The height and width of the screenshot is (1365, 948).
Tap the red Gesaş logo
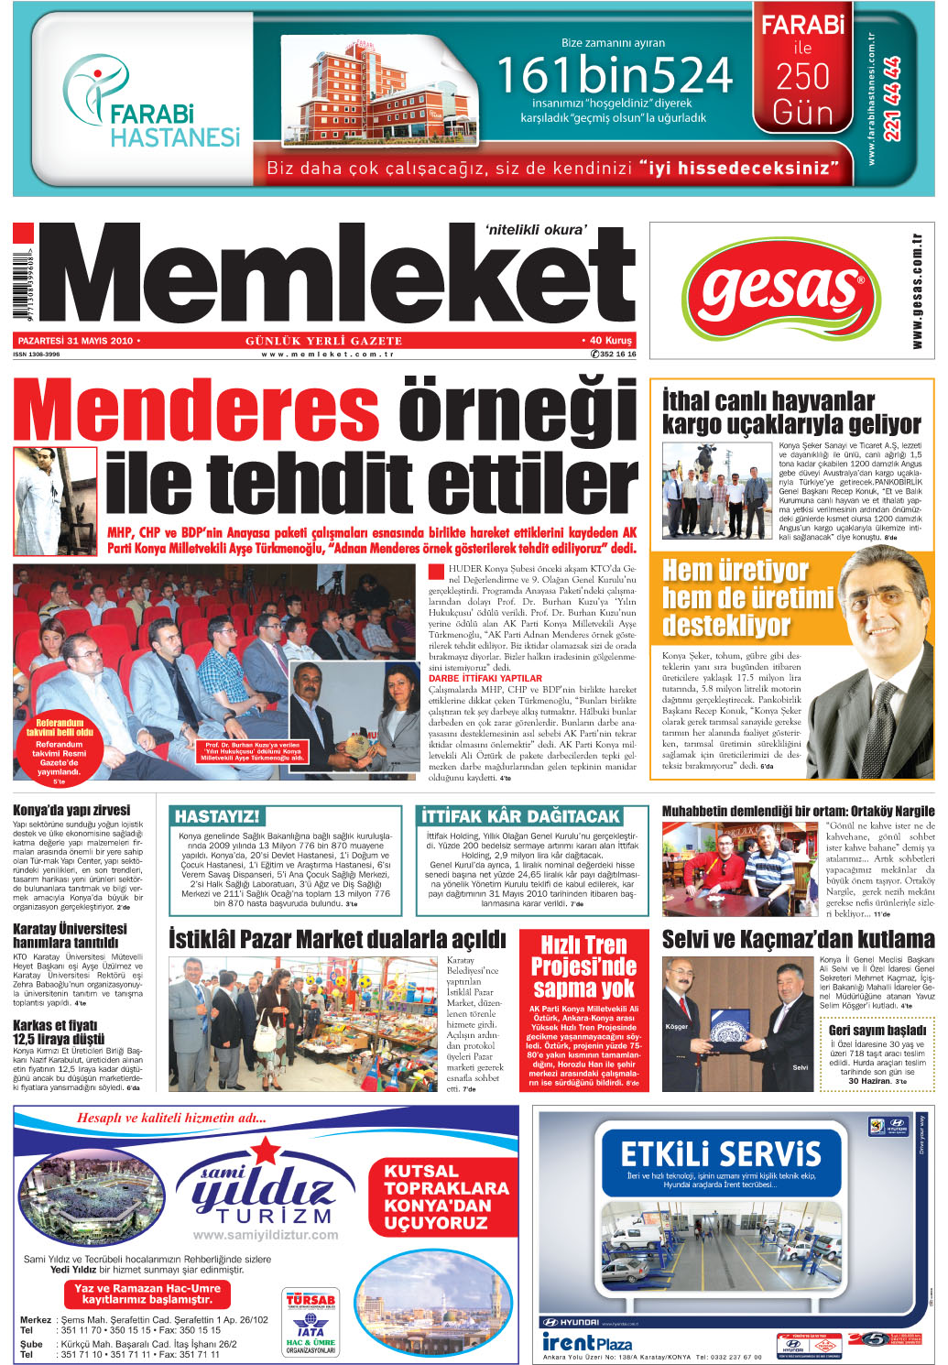coord(784,290)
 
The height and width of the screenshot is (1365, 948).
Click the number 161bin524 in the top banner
coord(614,75)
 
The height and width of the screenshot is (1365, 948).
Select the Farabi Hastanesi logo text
coord(174,126)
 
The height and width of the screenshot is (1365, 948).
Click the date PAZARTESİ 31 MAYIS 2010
coord(75,341)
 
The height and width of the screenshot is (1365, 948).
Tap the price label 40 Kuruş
coord(606,341)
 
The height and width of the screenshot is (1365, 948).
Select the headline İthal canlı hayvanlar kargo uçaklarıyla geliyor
coord(791,413)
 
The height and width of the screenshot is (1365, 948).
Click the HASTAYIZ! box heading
coord(217,816)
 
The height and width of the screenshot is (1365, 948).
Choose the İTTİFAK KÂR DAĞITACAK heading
coord(520,816)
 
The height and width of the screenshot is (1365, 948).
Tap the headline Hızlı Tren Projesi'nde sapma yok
coord(583,966)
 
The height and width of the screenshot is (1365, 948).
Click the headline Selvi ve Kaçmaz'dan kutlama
coord(798,940)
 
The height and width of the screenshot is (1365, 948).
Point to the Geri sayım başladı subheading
coord(877,1031)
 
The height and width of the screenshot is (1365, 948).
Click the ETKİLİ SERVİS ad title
coord(721,1153)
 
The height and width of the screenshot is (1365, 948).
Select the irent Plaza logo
coord(587,1342)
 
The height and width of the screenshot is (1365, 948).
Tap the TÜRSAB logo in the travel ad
coord(311,1299)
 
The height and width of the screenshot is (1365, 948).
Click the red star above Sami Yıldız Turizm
coord(266,1150)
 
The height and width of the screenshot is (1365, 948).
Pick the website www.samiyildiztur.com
coord(266,1235)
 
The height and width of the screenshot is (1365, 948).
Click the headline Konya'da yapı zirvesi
coord(71,810)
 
